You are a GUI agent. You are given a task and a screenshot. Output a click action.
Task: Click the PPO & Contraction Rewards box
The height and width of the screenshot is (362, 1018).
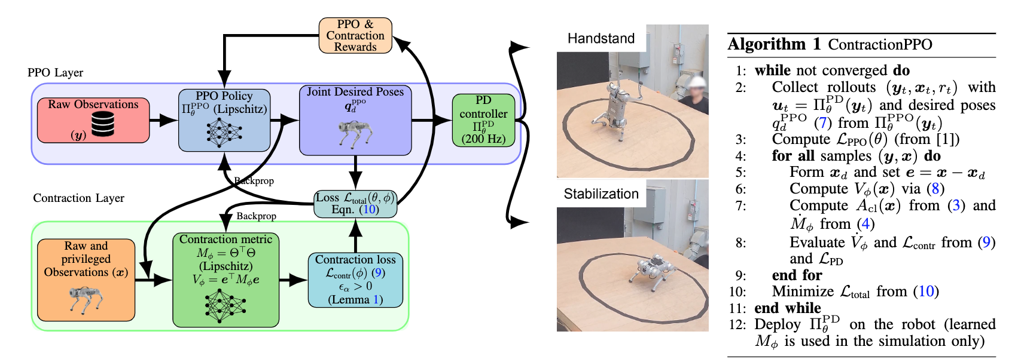(x=355, y=36)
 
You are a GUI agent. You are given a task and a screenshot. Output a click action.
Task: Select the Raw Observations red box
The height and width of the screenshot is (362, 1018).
(x=93, y=120)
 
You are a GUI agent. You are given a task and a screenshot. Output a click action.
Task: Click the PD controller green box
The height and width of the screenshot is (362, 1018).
(x=483, y=120)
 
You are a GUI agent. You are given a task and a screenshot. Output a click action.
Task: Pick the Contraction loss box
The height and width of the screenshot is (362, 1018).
(x=355, y=280)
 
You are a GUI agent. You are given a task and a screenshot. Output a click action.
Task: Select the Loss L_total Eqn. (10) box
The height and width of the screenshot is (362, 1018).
(x=355, y=204)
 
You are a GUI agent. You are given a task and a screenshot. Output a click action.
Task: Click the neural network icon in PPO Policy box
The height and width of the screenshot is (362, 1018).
(x=224, y=131)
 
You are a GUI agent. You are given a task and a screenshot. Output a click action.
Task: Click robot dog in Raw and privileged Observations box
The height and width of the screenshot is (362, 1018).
(x=86, y=299)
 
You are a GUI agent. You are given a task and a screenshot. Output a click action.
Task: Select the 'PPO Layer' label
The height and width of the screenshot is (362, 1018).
(x=55, y=73)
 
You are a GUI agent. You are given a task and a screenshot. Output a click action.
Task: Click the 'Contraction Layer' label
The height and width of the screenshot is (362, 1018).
(x=78, y=198)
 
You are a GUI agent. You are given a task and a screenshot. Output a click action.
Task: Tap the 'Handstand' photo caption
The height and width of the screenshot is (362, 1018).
(x=601, y=39)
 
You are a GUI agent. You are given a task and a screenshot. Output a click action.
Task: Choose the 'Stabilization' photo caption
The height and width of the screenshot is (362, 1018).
(x=601, y=194)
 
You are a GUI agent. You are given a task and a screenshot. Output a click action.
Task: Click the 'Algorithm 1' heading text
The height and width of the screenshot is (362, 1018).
(x=775, y=45)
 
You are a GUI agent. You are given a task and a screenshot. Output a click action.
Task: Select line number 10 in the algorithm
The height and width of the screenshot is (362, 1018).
(x=737, y=292)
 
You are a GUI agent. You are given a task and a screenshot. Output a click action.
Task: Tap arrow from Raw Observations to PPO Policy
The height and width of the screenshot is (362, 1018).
(x=163, y=121)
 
